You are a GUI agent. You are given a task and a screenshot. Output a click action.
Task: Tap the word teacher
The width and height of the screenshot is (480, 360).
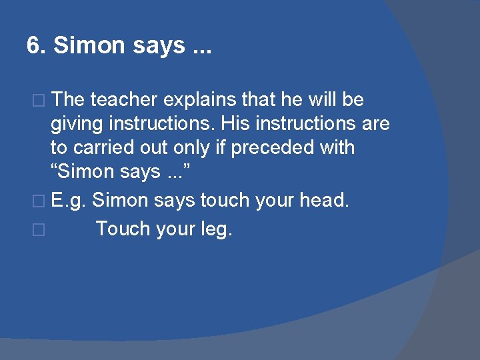123,100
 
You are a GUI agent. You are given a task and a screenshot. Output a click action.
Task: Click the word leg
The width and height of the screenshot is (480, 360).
216,229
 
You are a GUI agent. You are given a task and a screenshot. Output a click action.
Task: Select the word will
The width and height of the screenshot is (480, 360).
323,100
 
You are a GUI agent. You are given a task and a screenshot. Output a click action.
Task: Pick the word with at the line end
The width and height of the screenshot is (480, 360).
337,148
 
